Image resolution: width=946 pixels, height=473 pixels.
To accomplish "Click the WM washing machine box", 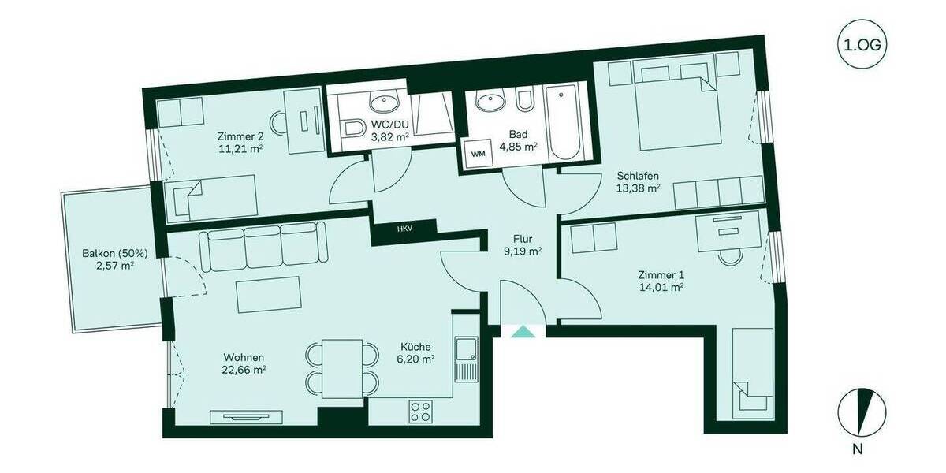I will pyautogui.click(x=478, y=153).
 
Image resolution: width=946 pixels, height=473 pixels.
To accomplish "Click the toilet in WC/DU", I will pyautogui.click(x=352, y=129).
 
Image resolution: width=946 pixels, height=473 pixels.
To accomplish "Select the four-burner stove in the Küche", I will pyautogui.click(x=420, y=411).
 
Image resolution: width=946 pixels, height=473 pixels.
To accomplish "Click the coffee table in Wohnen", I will pyautogui.click(x=269, y=295).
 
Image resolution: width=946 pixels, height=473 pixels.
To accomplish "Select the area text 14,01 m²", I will pyautogui.click(x=660, y=289).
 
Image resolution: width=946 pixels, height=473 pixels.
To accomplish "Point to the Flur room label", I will pyautogui.click(x=523, y=237).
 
